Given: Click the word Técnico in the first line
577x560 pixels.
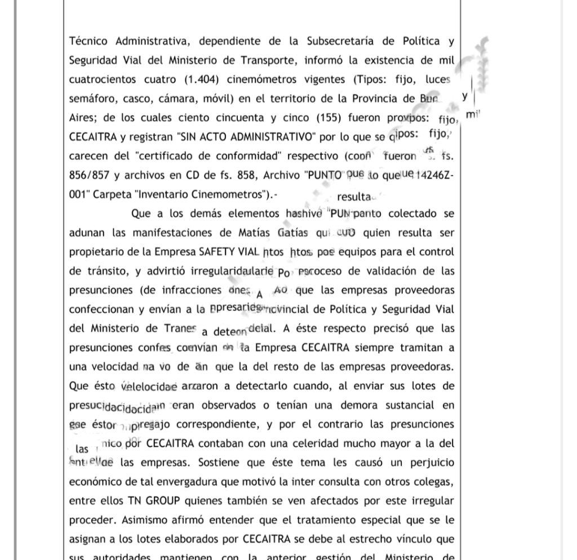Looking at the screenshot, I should pyautogui.click(x=89, y=41).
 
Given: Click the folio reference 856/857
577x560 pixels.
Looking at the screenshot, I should pyautogui.click(x=89, y=175).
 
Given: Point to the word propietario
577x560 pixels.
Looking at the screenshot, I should pyautogui.click(x=100, y=252).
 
